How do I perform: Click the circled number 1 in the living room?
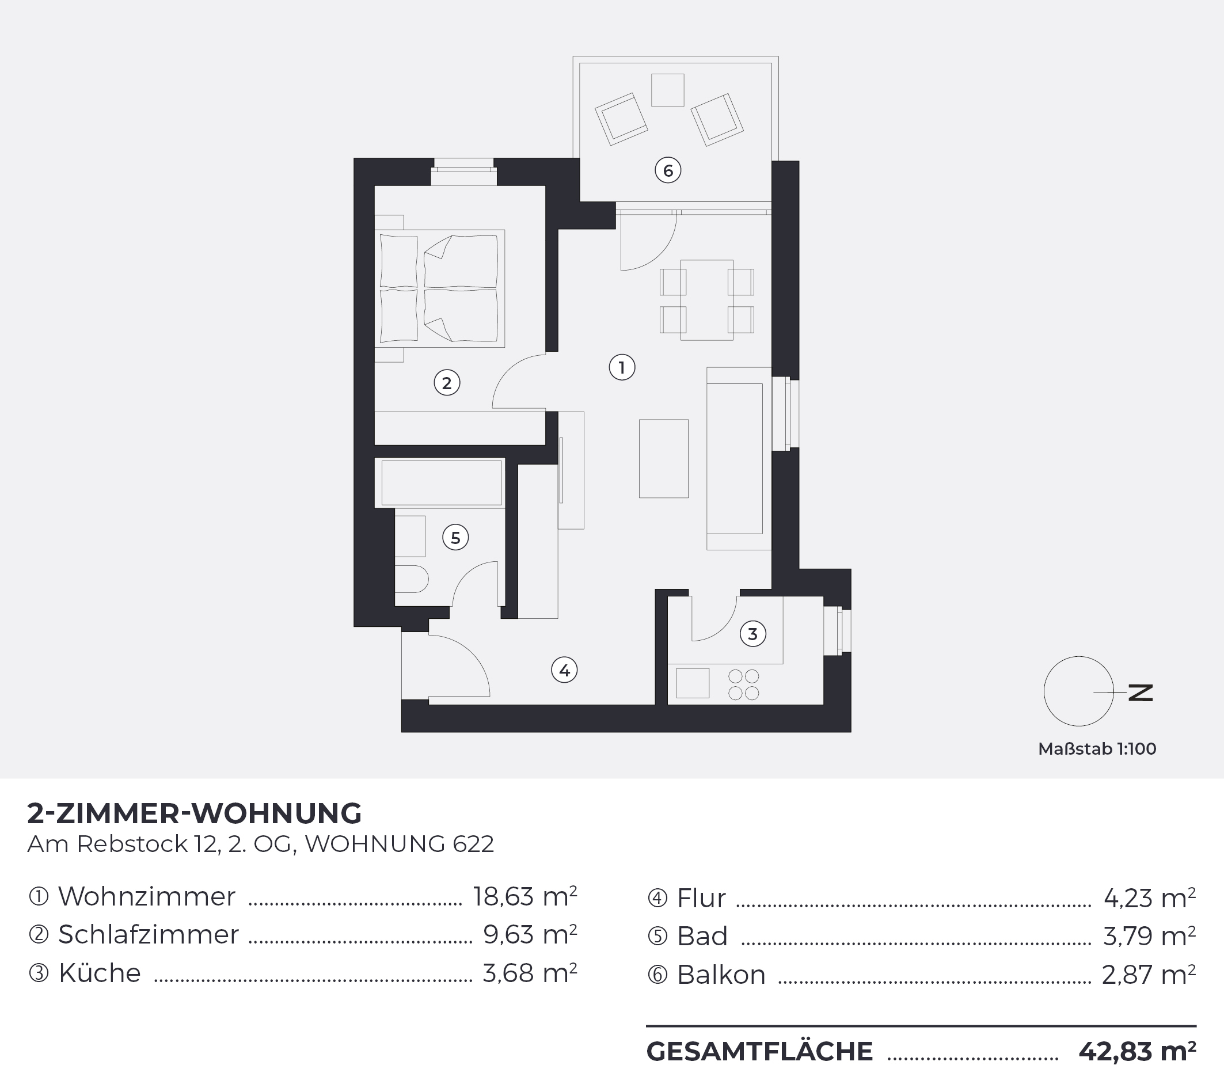point(622,367)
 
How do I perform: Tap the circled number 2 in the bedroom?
point(447,383)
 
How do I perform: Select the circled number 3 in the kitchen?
point(752,634)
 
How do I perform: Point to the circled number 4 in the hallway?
point(564,670)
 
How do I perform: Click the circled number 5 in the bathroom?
point(455,537)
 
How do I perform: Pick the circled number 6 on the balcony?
point(668,170)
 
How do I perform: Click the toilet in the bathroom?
point(412,579)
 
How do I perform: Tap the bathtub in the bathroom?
point(441,482)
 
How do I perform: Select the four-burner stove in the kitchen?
point(744,684)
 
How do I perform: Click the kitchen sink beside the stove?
point(693,683)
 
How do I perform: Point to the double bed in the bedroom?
point(439,288)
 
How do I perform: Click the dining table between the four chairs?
point(706,300)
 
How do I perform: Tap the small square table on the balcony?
point(668,90)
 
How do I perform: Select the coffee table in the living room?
point(663,458)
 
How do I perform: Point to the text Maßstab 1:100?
point(1097,749)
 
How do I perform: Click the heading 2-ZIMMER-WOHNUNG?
point(195,813)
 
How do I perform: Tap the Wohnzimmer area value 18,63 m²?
point(525,896)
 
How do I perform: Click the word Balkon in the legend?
point(721,975)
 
